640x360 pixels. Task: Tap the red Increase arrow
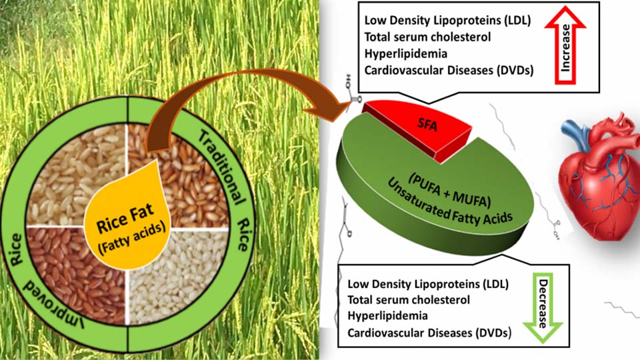click(565, 45)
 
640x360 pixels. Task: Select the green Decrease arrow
click(543, 307)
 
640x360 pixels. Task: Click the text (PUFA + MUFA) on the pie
click(449, 191)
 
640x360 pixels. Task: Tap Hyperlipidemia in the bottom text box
click(381, 316)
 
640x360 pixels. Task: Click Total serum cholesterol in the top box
click(427, 37)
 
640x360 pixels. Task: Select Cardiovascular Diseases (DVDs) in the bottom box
click(429, 333)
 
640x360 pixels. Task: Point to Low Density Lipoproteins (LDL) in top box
click(447, 21)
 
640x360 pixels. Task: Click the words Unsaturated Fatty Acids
click(449, 204)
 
